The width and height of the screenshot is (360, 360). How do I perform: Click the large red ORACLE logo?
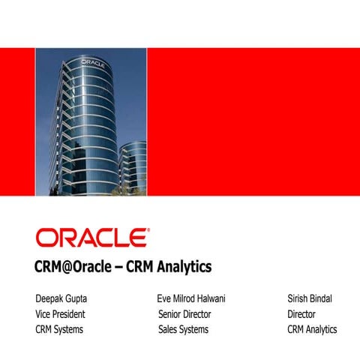pyautogui.click(x=91, y=238)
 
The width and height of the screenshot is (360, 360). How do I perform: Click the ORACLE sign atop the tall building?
pyautogui.click(x=91, y=62)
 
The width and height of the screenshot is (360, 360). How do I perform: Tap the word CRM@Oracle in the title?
pyautogui.click(x=72, y=267)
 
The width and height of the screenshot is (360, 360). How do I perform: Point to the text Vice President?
pyautogui.click(x=60, y=314)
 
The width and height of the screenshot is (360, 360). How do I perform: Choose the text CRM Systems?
pyautogui.click(x=59, y=329)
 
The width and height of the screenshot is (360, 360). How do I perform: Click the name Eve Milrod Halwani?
pyautogui.click(x=192, y=299)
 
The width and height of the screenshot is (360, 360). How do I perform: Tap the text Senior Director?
pyautogui.click(x=184, y=314)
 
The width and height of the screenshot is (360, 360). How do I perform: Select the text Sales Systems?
pyautogui.click(x=183, y=329)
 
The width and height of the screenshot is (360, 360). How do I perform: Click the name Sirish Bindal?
pyautogui.click(x=310, y=299)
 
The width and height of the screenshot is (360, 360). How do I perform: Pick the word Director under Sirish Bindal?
pyautogui.click(x=301, y=314)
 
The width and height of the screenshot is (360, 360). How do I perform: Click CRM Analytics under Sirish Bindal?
pyautogui.click(x=312, y=329)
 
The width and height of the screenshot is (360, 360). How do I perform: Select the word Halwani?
pyautogui.click(x=211, y=299)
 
